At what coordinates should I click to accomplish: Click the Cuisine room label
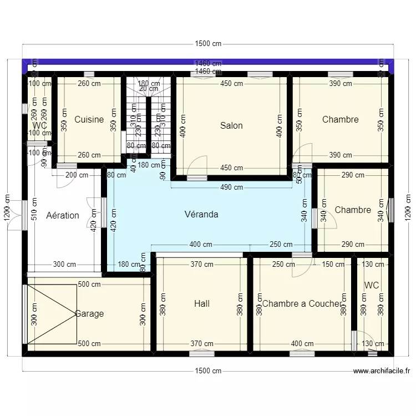(x=89, y=119)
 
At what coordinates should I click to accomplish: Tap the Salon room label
(x=231, y=125)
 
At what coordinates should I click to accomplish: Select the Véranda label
(x=201, y=214)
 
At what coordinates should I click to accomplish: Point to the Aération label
(x=63, y=215)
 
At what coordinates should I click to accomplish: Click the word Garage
(x=89, y=313)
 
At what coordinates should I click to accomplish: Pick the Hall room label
(x=202, y=303)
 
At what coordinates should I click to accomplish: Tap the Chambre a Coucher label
(x=301, y=303)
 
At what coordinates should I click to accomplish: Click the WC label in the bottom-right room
(x=372, y=285)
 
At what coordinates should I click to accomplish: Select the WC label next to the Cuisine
(x=39, y=126)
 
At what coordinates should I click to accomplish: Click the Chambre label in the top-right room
(x=340, y=119)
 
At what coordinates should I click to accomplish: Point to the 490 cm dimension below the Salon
(x=232, y=187)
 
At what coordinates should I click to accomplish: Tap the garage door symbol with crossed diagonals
(x=52, y=314)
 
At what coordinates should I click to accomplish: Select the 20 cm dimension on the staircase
(x=149, y=89)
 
